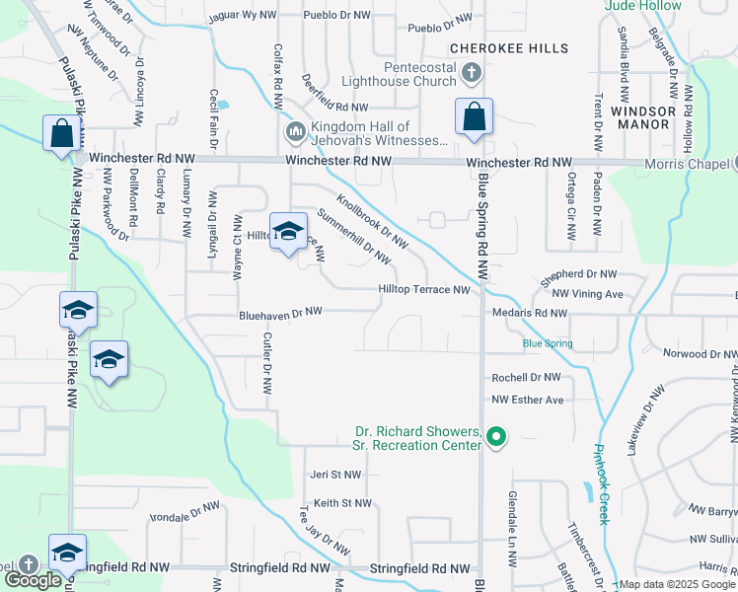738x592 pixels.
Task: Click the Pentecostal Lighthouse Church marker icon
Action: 473,73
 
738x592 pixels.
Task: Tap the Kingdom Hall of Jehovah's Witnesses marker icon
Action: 294,132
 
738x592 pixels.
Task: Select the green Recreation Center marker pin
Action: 496,435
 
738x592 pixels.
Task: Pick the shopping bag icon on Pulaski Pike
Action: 61,133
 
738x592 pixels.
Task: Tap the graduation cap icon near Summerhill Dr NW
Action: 287,231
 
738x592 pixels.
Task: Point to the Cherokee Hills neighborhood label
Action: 509,48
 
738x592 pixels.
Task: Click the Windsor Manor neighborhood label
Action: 642,118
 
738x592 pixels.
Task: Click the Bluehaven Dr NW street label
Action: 281,312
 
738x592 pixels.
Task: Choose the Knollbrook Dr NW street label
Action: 372,219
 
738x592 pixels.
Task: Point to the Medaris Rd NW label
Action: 530,313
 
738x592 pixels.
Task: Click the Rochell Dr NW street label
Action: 526,377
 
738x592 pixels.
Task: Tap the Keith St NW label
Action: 342,503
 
